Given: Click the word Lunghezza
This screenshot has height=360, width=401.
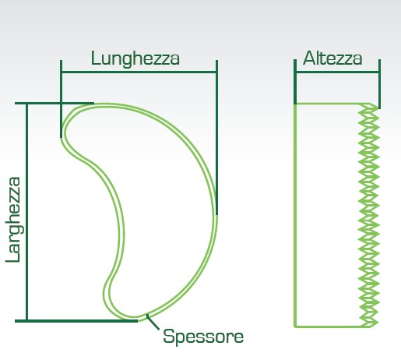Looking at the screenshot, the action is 135,59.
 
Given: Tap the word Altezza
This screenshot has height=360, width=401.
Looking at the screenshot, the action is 332,58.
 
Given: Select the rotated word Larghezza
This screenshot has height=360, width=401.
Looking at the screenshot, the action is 13,220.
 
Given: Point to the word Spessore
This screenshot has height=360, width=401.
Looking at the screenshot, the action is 203,337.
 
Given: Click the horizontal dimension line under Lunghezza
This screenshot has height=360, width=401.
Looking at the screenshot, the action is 139,72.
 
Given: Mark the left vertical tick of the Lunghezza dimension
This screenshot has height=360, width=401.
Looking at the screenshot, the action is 61,99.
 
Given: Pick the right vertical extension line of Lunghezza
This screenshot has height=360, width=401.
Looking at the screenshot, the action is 216,138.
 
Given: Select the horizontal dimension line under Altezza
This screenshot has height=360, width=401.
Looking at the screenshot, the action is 337,72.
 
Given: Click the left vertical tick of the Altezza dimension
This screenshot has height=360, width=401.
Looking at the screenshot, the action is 295,82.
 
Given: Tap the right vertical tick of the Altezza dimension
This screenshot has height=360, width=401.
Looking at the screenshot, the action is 379,84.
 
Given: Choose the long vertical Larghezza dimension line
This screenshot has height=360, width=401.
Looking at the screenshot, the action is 26,212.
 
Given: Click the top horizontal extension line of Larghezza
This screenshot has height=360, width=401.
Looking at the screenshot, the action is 55,104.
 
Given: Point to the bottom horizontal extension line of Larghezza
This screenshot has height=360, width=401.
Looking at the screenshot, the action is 76,321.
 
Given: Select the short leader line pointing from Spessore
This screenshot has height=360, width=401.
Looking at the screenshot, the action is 153,322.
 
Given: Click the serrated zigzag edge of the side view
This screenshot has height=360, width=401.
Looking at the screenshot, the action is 369,215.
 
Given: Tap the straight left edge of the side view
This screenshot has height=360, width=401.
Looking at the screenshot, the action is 295,215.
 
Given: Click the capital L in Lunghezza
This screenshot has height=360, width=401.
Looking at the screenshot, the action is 96,58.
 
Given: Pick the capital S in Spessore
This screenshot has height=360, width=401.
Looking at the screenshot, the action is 168,336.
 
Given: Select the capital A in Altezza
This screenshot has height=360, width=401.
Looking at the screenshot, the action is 309,58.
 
